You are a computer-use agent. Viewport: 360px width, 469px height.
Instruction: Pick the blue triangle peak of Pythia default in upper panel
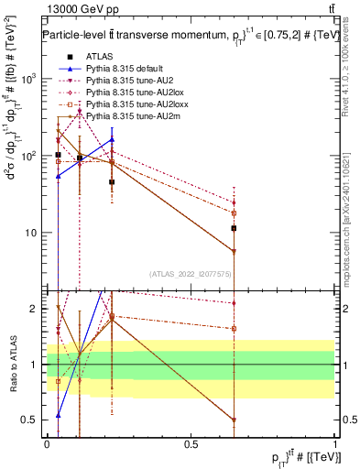[112, 140]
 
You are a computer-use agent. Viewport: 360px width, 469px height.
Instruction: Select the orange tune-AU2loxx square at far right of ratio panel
[235, 328]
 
